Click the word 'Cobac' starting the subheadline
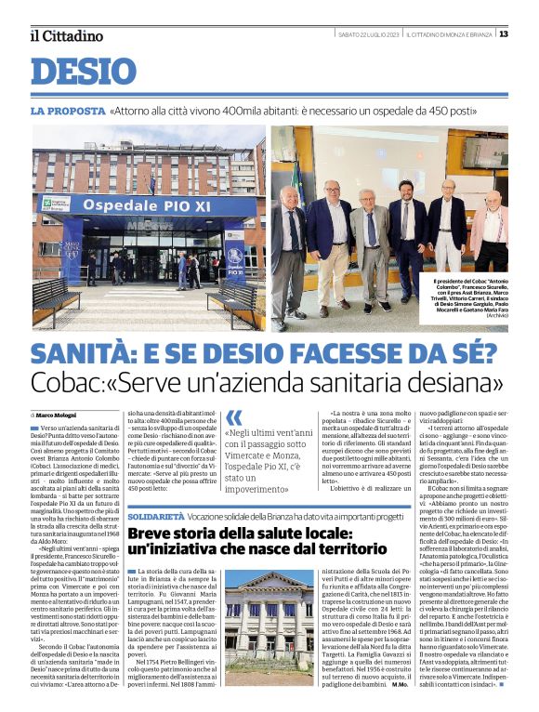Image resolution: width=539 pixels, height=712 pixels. [x=67, y=383]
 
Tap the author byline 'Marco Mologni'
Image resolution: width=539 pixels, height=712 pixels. [x=58, y=415]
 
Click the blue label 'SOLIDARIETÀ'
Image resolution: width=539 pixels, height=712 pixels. [x=155, y=514]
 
